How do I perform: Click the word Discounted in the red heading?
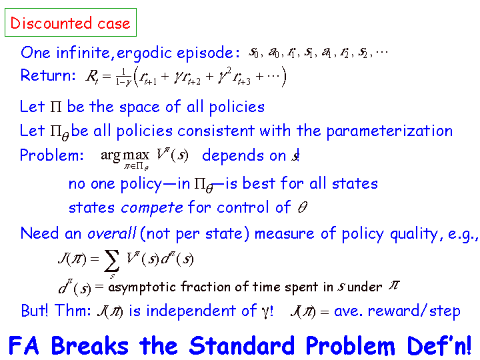click(51, 23)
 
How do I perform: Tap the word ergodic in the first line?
click(145, 53)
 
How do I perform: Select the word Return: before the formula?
click(48, 75)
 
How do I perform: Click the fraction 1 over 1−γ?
click(123, 77)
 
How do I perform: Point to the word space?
click(139, 108)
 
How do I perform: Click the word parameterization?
click(389, 131)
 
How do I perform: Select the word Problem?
click(51, 155)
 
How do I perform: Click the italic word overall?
click(112, 233)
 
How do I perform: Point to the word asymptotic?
click(142, 287)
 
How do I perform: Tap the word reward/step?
click(414, 311)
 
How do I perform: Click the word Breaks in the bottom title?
click(89, 345)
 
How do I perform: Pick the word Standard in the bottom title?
click(242, 345)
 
